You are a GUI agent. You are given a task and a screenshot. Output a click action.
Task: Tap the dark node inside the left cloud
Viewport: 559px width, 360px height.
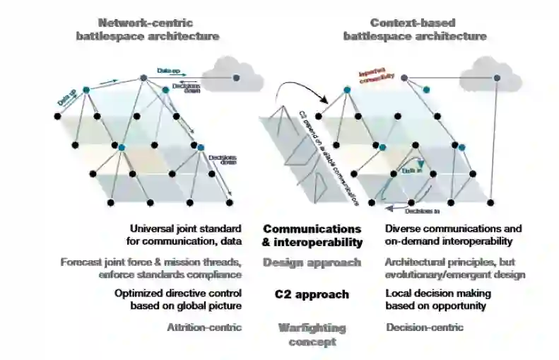tap(236, 77)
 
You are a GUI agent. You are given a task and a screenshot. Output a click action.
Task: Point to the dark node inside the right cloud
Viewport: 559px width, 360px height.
tap(498, 77)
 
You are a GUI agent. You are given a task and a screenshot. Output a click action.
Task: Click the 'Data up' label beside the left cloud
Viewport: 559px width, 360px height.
tap(167, 71)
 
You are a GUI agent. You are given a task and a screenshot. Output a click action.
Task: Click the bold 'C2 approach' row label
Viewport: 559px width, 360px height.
tap(312, 294)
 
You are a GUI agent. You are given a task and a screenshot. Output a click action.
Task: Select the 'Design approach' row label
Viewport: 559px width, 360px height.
tap(312, 262)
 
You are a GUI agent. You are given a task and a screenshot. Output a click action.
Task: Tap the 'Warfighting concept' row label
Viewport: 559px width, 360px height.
tap(312, 335)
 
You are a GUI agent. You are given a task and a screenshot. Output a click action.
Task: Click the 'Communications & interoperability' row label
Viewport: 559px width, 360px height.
tap(312, 236)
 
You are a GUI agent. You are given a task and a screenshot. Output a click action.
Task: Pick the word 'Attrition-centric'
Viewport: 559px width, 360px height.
tap(204, 327)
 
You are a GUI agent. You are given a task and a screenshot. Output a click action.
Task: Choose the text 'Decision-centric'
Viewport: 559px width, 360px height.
tap(424, 327)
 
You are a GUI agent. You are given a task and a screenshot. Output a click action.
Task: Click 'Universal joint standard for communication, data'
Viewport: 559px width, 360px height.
tap(186, 236)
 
